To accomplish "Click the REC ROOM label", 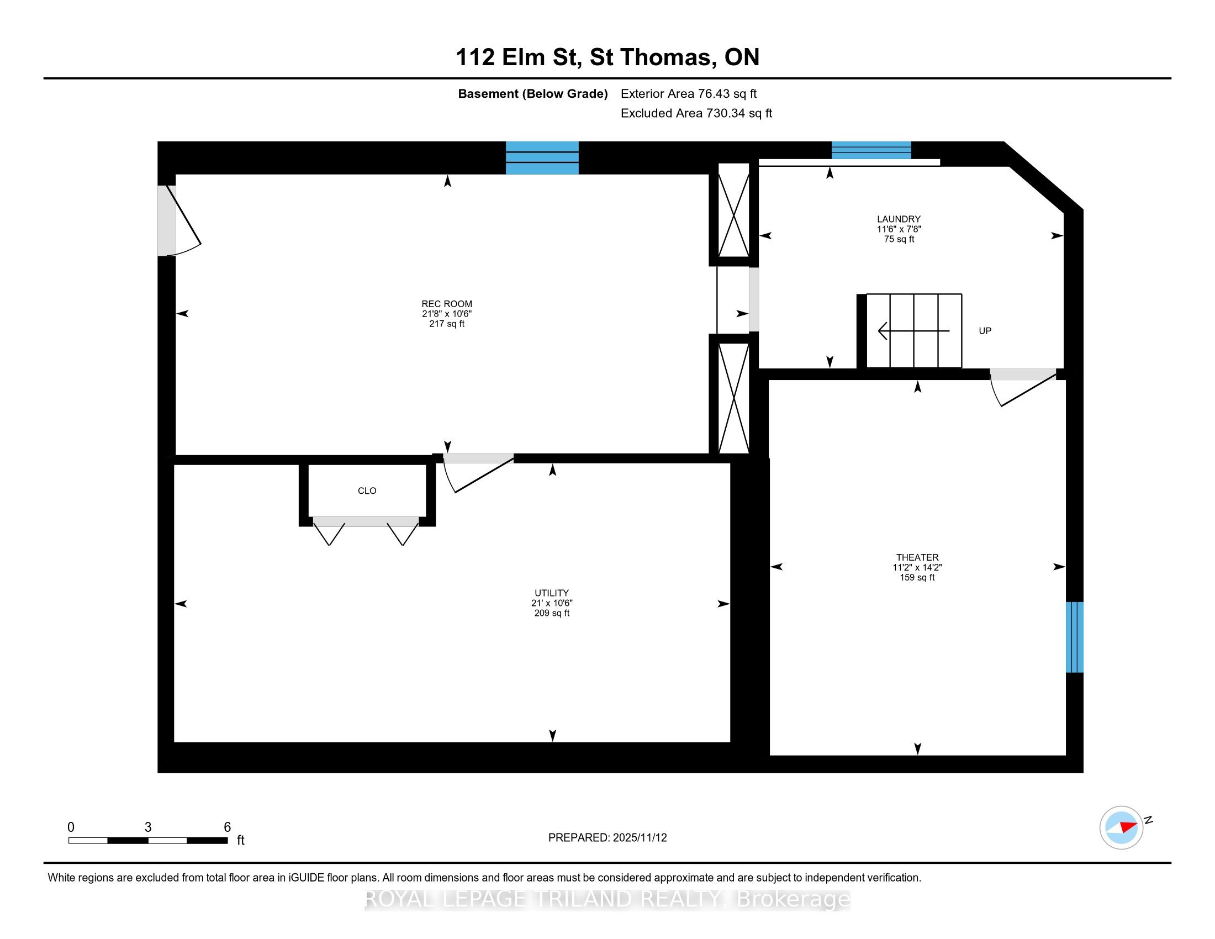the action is click(447, 304).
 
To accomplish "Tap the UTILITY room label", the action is click(552, 593).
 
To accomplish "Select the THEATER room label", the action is click(917, 557).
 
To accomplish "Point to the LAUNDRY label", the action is click(899, 219).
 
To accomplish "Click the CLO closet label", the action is click(367, 490).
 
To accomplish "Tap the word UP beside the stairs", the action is click(985, 331).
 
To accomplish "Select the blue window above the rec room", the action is click(542, 158).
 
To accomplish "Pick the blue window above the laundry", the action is click(871, 150).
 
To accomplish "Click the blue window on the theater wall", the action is click(1075, 637).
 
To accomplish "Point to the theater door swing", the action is click(1023, 387).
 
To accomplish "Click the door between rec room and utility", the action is click(478, 473).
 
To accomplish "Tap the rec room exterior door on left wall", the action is click(178, 221).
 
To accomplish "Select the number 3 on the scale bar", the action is click(148, 827).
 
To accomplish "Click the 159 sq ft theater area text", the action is click(917, 577).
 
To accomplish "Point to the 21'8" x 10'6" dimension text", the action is click(447, 314).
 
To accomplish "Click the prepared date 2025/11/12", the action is click(640, 838).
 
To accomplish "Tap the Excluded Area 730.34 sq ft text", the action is click(696, 113).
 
